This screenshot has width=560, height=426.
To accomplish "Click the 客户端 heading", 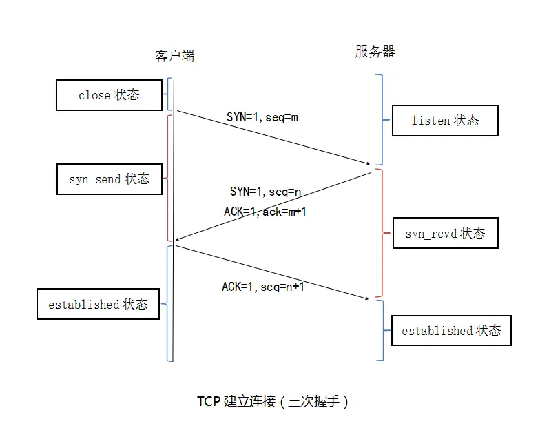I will [174, 56].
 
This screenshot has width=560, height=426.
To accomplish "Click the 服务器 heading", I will [375, 52].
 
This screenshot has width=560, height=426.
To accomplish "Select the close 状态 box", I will [109, 95].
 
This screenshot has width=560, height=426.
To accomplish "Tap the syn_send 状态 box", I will [109, 179].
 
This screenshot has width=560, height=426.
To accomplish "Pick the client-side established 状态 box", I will [98, 304].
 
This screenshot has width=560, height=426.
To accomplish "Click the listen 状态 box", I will [444, 121].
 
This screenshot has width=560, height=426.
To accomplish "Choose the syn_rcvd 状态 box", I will [444, 234].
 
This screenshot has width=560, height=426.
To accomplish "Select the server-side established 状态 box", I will [451, 331].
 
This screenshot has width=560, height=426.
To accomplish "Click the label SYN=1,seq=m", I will [262, 117].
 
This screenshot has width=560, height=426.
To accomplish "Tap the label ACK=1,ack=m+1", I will [265, 212].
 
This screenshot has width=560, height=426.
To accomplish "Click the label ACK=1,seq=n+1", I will [262, 287].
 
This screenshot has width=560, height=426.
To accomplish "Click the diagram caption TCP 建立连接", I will [273, 401].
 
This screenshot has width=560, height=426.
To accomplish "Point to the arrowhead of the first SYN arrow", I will [368, 163].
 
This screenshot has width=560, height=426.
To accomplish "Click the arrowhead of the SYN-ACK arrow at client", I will [178, 240].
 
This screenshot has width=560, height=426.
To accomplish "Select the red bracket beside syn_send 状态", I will [167, 178].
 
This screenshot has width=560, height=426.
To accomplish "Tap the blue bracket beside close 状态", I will [167, 94].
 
